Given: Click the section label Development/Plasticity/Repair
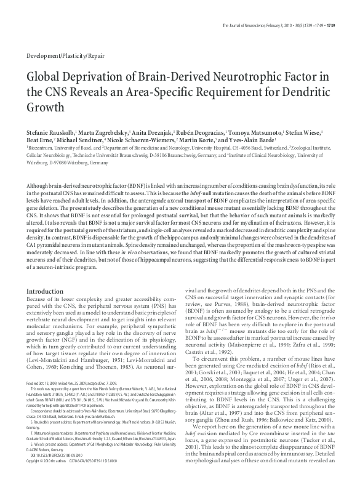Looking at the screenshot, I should click(66, 55).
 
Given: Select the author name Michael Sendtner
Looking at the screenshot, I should click(86, 141).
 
